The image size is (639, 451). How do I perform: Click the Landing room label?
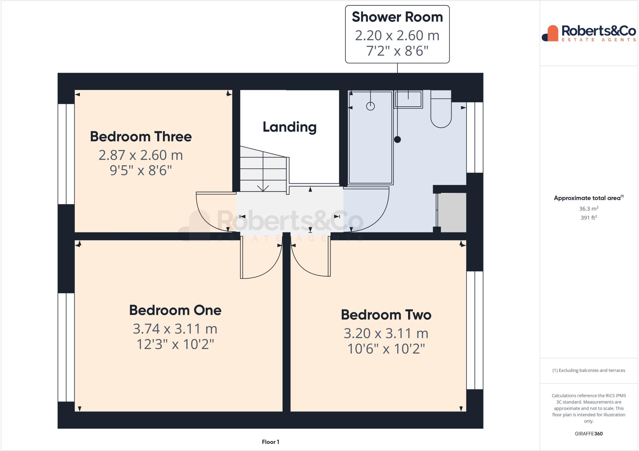tap(290, 127)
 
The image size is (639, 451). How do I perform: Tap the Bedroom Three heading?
tap(141, 137)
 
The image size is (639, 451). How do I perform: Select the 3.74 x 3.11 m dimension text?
tap(175, 329)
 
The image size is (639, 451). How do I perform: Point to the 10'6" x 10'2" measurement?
tap(386, 349)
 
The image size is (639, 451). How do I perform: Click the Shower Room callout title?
tap(397, 17)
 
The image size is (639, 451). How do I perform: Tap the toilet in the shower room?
tap(441, 112)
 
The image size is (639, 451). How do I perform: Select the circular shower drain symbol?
tap(370, 106)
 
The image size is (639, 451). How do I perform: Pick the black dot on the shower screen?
tap(397, 139)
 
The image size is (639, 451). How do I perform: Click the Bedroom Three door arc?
tap(212, 215)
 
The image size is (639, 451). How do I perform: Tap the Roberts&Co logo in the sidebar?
tap(589, 33)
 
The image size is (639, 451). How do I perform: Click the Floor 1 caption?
tap(271, 442)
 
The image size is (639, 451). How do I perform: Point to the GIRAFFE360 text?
tap(588, 434)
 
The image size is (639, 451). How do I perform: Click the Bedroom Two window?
tap(475, 330)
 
